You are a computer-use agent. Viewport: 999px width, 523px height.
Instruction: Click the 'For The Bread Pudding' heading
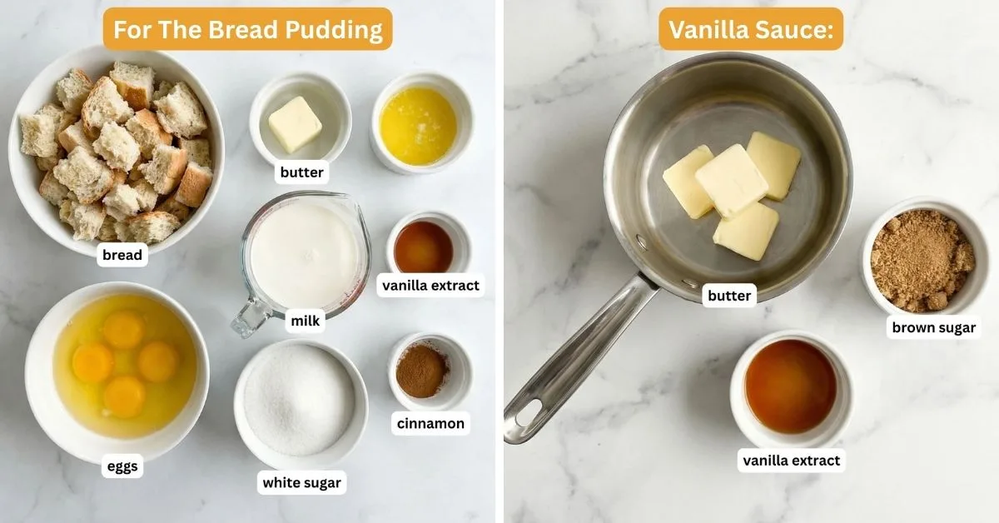click(247, 30)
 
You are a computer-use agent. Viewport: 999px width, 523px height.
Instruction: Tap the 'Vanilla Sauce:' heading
click(751, 30)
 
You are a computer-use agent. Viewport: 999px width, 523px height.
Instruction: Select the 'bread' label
click(122, 255)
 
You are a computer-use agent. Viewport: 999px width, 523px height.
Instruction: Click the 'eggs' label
click(122, 467)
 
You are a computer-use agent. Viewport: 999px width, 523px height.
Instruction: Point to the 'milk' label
click(304, 321)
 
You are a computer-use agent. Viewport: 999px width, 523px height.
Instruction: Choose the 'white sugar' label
click(301, 482)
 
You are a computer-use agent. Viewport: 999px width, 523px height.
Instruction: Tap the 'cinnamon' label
click(430, 423)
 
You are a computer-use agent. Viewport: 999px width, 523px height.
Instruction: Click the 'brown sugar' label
click(933, 327)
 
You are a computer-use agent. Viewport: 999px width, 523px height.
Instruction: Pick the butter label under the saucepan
click(729, 295)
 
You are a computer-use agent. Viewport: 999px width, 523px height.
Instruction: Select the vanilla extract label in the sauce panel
click(792, 460)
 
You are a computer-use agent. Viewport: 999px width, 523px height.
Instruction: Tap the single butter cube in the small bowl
click(295, 123)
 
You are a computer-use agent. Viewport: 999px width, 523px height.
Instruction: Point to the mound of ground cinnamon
click(421, 371)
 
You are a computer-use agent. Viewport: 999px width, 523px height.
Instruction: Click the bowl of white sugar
click(300, 400)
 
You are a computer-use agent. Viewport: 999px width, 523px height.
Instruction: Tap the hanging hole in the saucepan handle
click(526, 414)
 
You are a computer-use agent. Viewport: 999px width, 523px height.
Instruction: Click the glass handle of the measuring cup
click(250, 317)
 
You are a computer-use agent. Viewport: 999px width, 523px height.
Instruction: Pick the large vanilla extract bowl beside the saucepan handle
click(790, 386)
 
